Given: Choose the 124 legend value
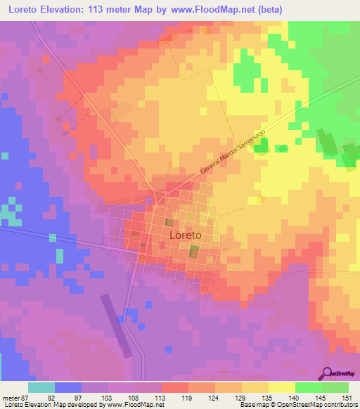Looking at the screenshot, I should click(x=214, y=398).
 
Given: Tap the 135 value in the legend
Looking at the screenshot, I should click(x=268, y=398).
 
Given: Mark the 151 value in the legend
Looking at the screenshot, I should click(x=348, y=398).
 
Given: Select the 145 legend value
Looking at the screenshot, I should click(x=321, y=398).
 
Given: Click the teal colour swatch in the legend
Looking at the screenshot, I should click(x=41, y=387).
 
